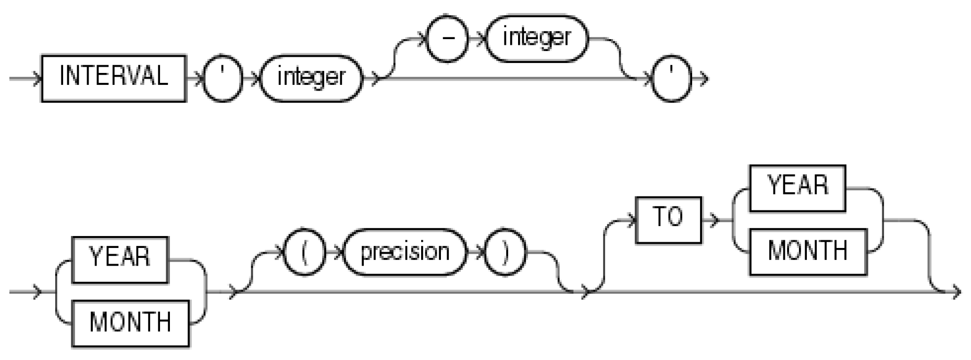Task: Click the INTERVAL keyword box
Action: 113,78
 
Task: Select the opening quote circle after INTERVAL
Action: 223,79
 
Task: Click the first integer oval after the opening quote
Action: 311,79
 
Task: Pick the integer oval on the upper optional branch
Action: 536,39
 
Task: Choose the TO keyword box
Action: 668,219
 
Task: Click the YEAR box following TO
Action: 797,188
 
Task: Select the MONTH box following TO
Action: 807,252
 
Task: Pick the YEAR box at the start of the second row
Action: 119,259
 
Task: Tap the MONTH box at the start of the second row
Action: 130,323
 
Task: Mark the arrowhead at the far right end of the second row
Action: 956,293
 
